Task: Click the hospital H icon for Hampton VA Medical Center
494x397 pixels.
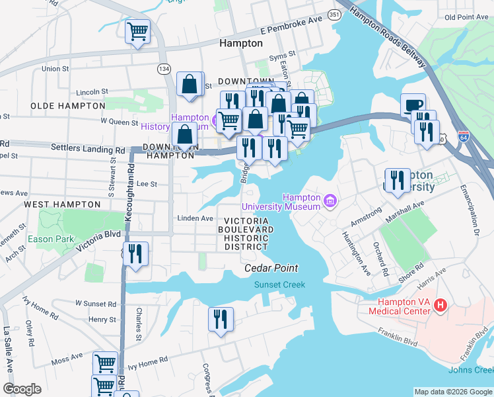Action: click(x=441, y=305)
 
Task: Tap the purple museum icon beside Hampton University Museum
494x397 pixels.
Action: click(x=329, y=200)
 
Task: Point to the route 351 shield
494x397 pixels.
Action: click(x=335, y=14)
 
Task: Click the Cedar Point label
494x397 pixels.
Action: click(x=271, y=268)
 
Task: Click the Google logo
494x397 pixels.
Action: click(x=22, y=388)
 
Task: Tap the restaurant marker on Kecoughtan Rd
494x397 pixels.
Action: click(x=135, y=254)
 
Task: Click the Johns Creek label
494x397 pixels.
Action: click(x=470, y=369)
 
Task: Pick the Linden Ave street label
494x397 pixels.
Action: click(x=195, y=218)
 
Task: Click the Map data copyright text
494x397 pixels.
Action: click(x=452, y=391)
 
